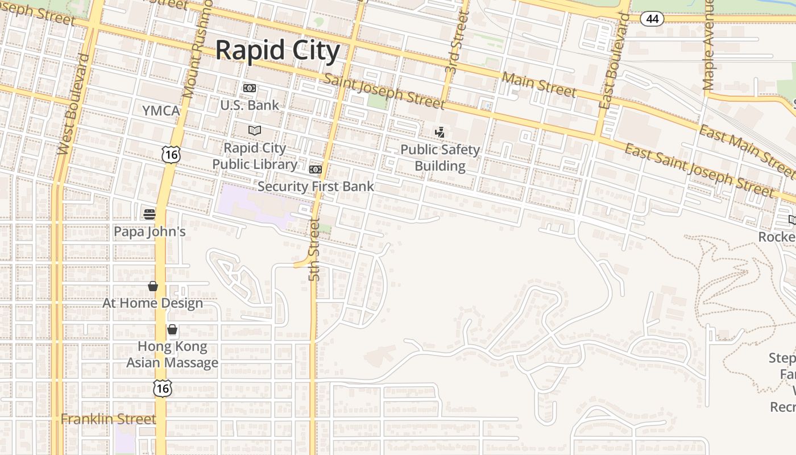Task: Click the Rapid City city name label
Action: [x=277, y=50]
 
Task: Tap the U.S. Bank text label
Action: [x=250, y=105]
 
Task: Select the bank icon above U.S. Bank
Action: [x=250, y=88]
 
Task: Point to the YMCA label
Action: [x=161, y=110]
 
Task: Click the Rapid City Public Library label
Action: [x=255, y=156]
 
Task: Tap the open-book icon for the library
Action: [x=255, y=130]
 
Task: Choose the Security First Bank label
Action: [x=316, y=187]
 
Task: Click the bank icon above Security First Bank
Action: [x=316, y=169]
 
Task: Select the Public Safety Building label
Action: [x=440, y=158]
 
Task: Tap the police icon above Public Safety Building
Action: [x=440, y=133]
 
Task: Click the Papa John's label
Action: [x=150, y=231]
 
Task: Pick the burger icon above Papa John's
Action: [x=150, y=214]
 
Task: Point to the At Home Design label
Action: [x=152, y=303]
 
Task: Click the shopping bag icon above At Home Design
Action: [x=153, y=286]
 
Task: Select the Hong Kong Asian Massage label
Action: [x=172, y=354]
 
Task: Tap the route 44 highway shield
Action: [x=652, y=19]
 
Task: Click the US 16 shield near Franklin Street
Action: [x=163, y=388]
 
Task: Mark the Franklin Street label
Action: [x=108, y=419]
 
